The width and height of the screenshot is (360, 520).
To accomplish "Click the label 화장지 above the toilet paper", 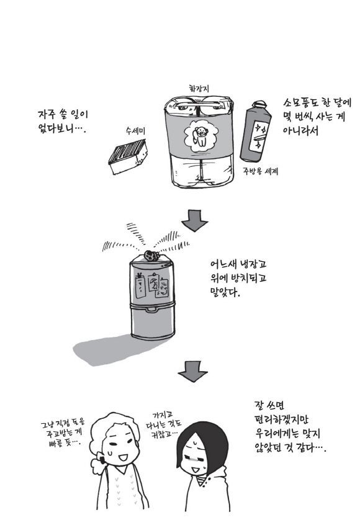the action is pyautogui.click(x=199, y=89).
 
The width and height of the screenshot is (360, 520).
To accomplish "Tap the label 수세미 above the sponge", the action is pyautogui.click(x=135, y=131).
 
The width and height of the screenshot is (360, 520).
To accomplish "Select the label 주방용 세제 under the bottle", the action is pyautogui.click(x=261, y=171).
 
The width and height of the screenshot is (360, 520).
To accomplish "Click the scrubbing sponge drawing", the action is pyautogui.click(x=128, y=156).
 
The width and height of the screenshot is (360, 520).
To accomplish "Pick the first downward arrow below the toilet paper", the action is pyautogui.click(x=194, y=220).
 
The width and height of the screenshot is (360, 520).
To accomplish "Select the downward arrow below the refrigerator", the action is pyautogui.click(x=193, y=372).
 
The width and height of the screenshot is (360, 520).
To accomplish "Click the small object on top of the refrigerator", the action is pyautogui.click(x=151, y=256).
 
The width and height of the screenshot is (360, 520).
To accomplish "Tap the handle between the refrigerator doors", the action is pyautogui.click(x=152, y=310).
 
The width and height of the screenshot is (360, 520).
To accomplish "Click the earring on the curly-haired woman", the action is pyautogui.click(x=102, y=460).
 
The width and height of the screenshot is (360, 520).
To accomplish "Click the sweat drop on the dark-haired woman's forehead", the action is pyautogui.click(x=196, y=442).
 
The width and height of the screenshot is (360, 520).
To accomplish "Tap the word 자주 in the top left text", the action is pyautogui.click(x=47, y=114).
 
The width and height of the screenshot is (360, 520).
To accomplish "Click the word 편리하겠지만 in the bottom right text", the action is pyautogui.click(x=282, y=420).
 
